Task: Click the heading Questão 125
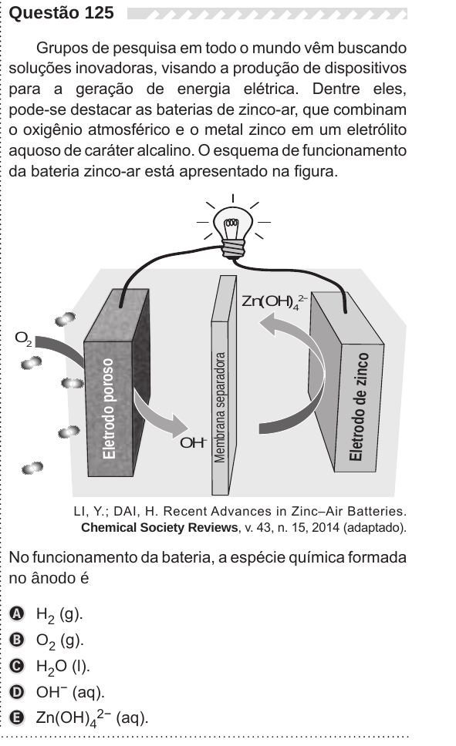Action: click(x=62, y=13)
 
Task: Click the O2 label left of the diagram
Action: click(x=23, y=339)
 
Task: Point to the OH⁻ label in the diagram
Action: click(x=194, y=442)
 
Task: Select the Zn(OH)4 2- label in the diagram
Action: click(x=275, y=301)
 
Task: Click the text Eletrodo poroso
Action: click(x=109, y=408)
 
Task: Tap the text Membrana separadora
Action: click(x=220, y=407)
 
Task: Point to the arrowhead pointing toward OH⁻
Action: click(x=178, y=425)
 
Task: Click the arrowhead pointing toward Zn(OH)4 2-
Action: click(x=271, y=324)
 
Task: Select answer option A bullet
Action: click(x=17, y=613)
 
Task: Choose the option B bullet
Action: click(x=17, y=640)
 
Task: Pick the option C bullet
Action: click(x=17, y=666)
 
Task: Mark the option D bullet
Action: click(x=17, y=692)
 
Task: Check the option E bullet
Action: click(x=17, y=718)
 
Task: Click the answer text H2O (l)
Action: click(x=63, y=667)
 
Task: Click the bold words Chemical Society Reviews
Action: click(x=159, y=528)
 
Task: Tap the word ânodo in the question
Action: click(x=52, y=578)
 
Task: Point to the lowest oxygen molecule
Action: click(x=32, y=468)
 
